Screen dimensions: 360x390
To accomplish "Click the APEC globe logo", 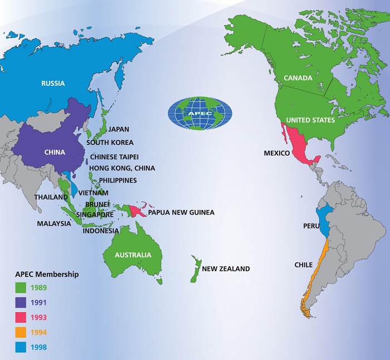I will tap(200, 114).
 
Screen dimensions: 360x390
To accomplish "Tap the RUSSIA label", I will tap(53, 84).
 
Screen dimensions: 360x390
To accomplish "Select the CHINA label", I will tap(55, 152).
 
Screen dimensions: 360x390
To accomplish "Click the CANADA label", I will tap(299, 77).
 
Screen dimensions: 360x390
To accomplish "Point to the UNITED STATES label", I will tap(310, 120).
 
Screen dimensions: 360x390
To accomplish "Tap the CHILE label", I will tap(304, 265).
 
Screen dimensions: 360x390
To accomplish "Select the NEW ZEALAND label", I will tap(226, 269).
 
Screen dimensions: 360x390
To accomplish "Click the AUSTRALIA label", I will tap(133, 255).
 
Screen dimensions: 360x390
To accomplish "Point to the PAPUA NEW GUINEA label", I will tap(181, 212).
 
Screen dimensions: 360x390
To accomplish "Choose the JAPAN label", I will tap(119, 129).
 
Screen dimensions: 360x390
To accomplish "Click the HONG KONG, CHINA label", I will tap(123, 168).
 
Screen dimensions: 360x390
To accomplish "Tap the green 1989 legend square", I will tap(20, 288).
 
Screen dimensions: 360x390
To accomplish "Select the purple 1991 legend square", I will tap(20, 303).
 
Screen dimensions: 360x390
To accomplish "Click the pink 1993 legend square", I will tap(20, 318).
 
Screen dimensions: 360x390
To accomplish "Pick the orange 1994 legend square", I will tap(20, 332).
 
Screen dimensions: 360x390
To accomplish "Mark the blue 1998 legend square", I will tap(20, 347).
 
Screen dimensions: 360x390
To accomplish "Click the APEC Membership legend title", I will tap(46, 274).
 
